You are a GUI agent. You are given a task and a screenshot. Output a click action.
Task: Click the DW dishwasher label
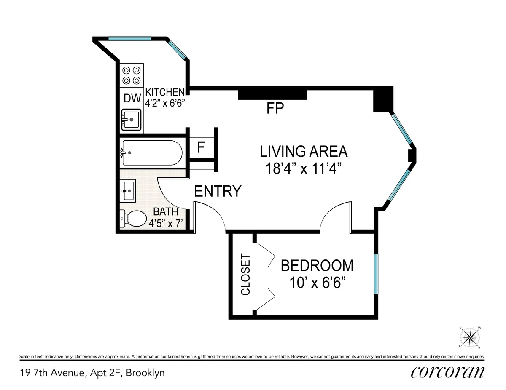pos(132,98)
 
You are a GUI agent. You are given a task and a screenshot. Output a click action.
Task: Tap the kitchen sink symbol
pos(132,120)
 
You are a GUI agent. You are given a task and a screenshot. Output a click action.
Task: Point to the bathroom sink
pos(128,191)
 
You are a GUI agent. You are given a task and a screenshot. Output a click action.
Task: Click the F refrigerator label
pos(201,148)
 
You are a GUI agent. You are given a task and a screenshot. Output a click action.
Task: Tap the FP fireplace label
pos(275,109)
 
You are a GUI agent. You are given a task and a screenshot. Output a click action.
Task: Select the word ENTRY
pos(218,192)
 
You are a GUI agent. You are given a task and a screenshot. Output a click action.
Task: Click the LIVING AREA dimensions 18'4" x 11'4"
pos(303,169)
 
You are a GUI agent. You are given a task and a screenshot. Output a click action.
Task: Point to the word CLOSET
pos(245,275)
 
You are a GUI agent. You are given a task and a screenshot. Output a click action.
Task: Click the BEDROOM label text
pos(317,266)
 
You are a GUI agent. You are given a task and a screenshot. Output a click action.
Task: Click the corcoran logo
pos(447,372)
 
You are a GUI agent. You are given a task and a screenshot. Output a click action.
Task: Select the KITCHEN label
pos(165,92)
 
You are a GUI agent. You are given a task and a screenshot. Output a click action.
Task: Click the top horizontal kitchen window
pos(129,39)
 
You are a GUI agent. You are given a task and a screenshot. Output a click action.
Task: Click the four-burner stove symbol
pos(132,75)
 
